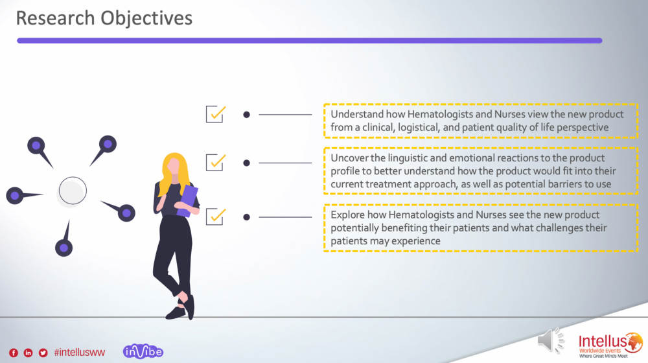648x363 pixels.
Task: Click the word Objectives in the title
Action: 146,19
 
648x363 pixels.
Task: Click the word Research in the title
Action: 55,18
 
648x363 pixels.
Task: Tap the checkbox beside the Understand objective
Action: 216,114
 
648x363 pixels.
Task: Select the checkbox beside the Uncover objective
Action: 216,163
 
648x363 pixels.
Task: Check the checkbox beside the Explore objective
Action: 216,217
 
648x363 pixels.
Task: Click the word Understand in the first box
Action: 357,114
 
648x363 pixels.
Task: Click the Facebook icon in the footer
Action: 14,353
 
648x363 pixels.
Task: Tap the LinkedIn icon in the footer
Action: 28,353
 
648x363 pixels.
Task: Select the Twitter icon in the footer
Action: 43,353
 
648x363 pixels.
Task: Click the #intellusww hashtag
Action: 79,352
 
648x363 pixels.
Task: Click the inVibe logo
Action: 143,351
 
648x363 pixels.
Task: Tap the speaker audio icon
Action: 550,341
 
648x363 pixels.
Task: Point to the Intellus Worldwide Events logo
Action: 610,345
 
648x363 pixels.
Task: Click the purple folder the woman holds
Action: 188,201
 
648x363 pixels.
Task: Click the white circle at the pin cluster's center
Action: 73,191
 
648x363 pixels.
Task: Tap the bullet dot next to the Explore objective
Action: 247,217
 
